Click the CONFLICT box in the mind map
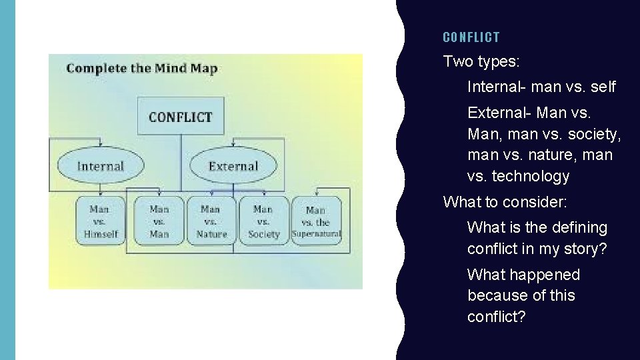click(x=181, y=117)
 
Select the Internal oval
click(x=101, y=166)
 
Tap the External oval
click(x=233, y=166)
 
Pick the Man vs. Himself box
click(x=100, y=221)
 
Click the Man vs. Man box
click(x=159, y=221)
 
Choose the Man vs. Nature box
click(x=211, y=221)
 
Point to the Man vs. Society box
click(x=264, y=221)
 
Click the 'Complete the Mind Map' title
click(x=142, y=68)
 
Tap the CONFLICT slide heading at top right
click(x=471, y=37)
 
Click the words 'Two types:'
click(x=481, y=62)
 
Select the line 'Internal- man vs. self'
click(x=541, y=87)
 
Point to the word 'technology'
click(x=531, y=176)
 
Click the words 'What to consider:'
click(x=505, y=201)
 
